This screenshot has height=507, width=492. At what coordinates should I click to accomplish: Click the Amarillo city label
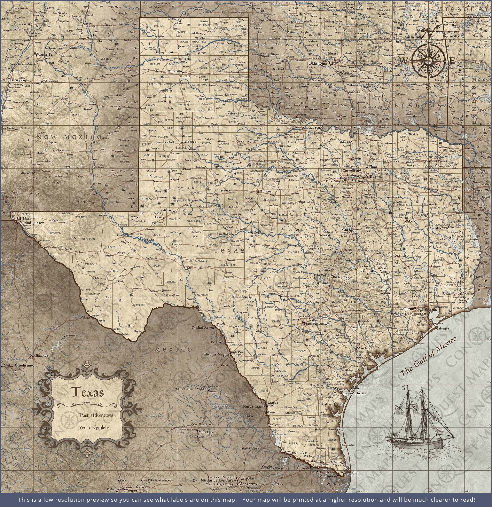[175, 71]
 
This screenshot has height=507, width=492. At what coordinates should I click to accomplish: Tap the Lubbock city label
[189, 142]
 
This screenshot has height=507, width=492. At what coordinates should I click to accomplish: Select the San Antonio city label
[315, 323]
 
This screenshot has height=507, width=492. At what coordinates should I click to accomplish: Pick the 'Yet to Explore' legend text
[94, 428]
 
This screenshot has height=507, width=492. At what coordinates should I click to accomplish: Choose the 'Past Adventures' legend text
[96, 415]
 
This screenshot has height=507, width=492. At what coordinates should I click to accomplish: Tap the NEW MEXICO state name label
[69, 137]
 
